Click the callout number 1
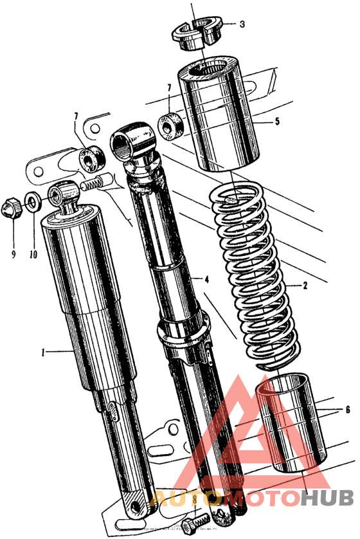coord(44,352)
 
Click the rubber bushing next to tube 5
coord(170,125)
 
